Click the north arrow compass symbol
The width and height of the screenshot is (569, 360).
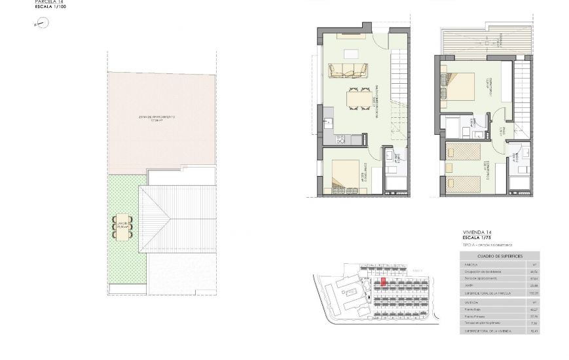(x=43, y=24)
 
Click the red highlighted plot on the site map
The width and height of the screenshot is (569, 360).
(x=384, y=282)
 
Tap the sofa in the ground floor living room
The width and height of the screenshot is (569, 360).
(x=348, y=69)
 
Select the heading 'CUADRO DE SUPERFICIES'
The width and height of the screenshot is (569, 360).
(x=500, y=256)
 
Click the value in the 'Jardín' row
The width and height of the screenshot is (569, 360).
(x=534, y=285)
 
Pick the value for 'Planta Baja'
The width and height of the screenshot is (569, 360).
(x=534, y=309)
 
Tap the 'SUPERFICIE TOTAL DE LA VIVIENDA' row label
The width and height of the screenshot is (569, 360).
(x=488, y=331)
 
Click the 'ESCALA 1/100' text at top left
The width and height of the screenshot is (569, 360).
(x=50, y=7)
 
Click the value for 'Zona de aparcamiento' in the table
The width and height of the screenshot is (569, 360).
(x=534, y=278)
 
